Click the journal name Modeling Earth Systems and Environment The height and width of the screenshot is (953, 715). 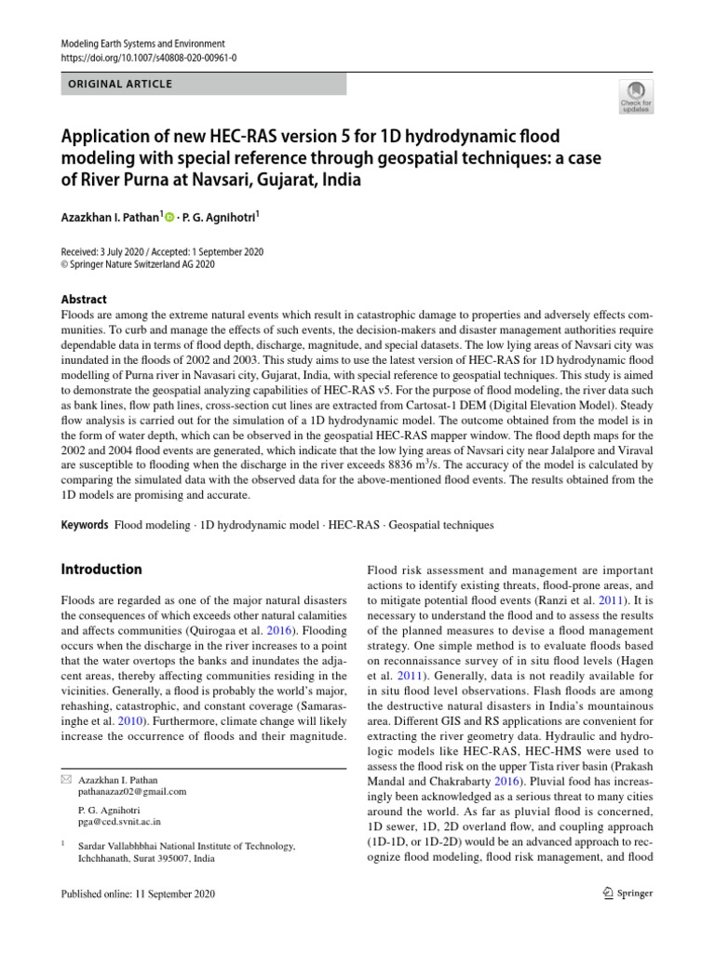[x=142, y=44]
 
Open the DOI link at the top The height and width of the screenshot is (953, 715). [x=148, y=58]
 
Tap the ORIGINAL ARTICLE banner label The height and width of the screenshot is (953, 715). [x=117, y=84]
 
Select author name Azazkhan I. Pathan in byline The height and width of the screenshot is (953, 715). [x=111, y=216]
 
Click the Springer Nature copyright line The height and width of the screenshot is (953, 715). [x=138, y=264]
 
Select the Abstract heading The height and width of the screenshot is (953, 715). [x=84, y=300]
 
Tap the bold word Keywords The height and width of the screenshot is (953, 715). [x=85, y=526]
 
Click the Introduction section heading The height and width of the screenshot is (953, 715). [x=101, y=570]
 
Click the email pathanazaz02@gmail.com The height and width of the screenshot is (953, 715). [x=133, y=791]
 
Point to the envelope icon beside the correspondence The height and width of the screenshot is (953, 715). [x=66, y=777]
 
